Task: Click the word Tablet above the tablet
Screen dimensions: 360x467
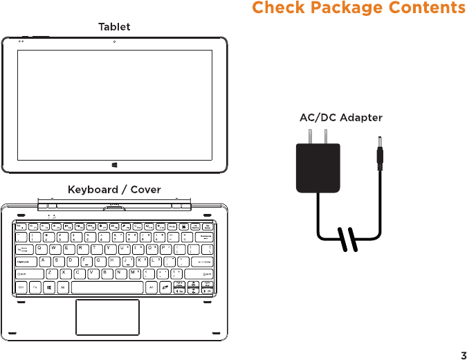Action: tap(114, 26)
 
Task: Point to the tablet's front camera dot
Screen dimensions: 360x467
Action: tap(114, 42)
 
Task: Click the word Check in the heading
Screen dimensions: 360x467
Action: tap(280, 8)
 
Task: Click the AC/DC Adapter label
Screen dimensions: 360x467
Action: tap(340, 118)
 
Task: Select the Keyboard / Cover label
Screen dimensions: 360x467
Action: tap(114, 189)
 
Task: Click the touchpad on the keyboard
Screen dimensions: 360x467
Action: tap(107, 317)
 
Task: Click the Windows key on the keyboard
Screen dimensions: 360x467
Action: tap(49, 286)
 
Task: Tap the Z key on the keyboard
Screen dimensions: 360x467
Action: tap(51, 273)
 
